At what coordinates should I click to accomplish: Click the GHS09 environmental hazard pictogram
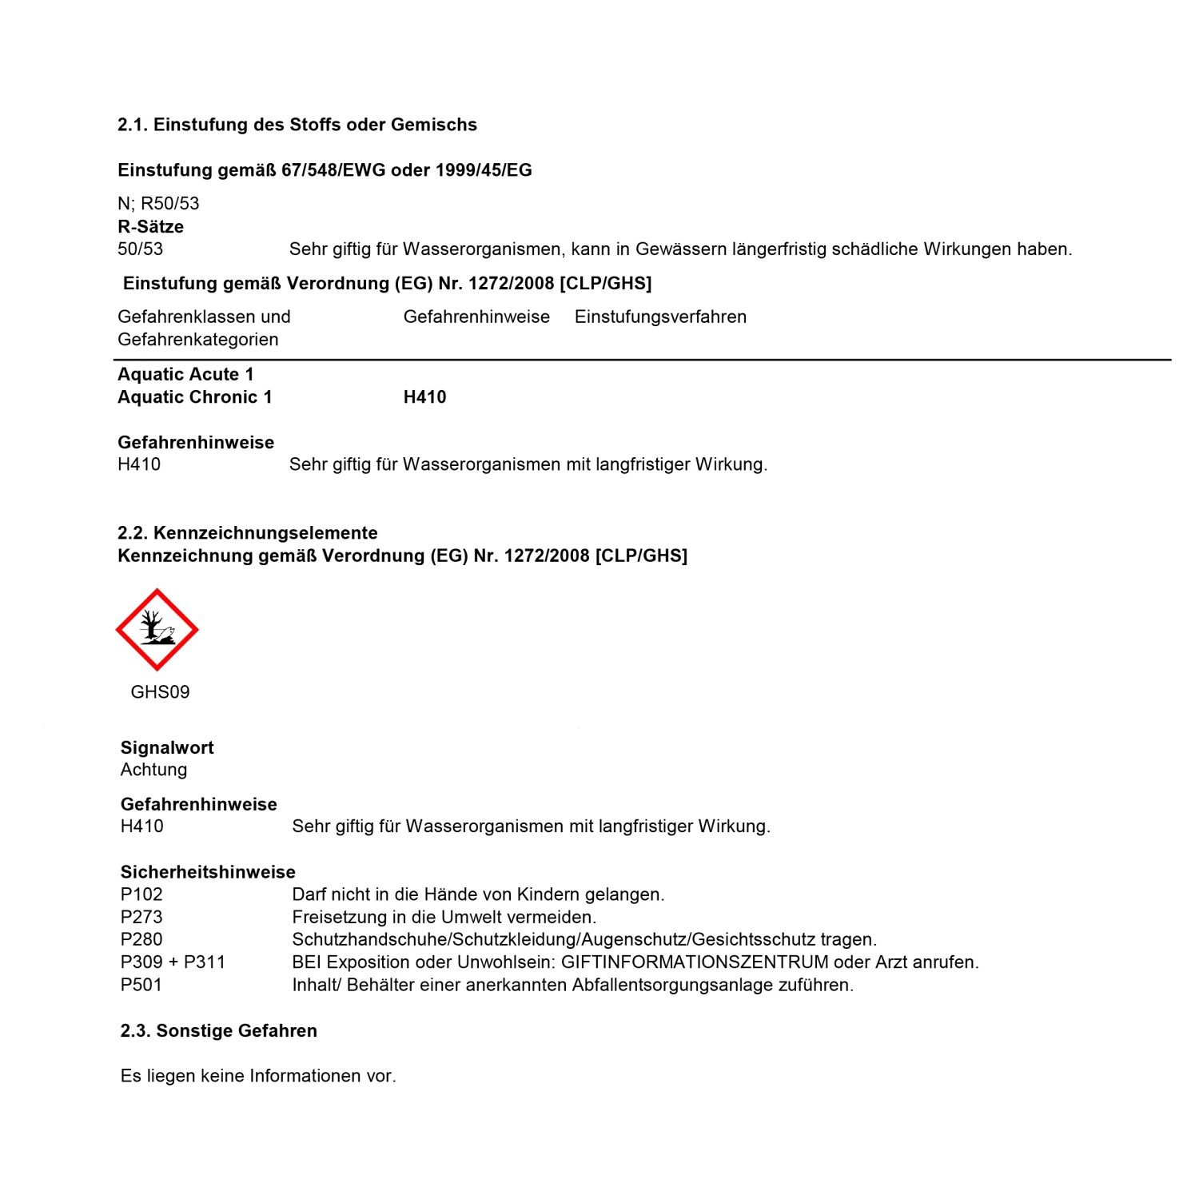[157, 630]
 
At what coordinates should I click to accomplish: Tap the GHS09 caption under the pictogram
[160, 692]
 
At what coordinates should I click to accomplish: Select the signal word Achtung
[153, 770]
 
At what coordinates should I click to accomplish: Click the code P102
[141, 894]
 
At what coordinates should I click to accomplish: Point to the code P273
[141, 917]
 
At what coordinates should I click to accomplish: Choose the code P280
[141, 939]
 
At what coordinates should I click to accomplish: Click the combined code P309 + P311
[173, 962]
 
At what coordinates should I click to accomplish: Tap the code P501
[141, 985]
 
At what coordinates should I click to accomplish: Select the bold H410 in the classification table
[424, 397]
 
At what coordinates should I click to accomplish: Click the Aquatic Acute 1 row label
[185, 375]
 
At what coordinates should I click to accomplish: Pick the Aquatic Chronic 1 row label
[194, 397]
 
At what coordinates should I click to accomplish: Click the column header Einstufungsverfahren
[660, 317]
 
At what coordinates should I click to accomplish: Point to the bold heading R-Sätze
[150, 227]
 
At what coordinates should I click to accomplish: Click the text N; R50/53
[158, 204]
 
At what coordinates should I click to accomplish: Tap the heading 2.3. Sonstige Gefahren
[218, 1031]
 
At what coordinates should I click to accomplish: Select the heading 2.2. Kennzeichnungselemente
[247, 533]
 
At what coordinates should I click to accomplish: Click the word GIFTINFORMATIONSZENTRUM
[695, 962]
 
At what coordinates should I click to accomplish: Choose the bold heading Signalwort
[167, 748]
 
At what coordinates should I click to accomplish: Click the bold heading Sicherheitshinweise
[208, 872]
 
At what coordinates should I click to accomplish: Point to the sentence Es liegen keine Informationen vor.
[258, 1076]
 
